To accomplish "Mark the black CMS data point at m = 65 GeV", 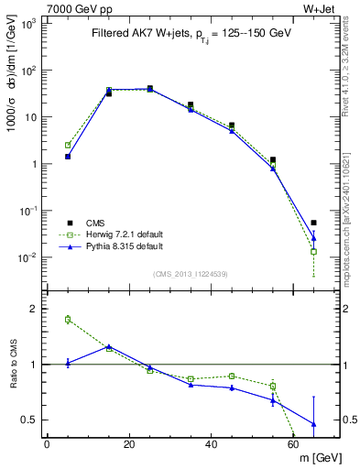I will (x=314, y=223).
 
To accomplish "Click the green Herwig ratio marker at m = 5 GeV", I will (x=68, y=320).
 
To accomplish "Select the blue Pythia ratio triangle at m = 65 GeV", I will (x=314, y=424).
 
